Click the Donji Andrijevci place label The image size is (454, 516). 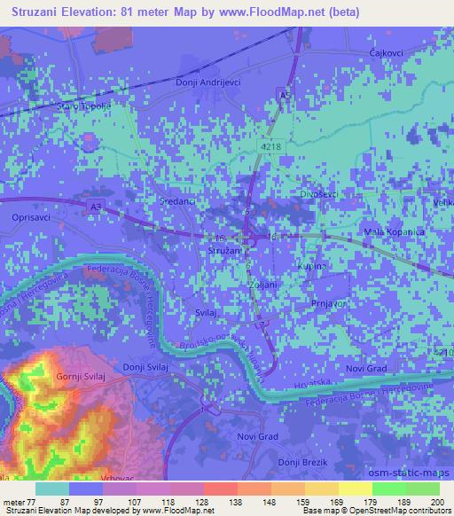click(209, 82)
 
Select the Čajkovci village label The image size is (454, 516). click(387, 54)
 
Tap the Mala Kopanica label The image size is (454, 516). click(395, 231)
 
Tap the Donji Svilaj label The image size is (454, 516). click(145, 366)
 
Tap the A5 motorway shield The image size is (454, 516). click(284, 93)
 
